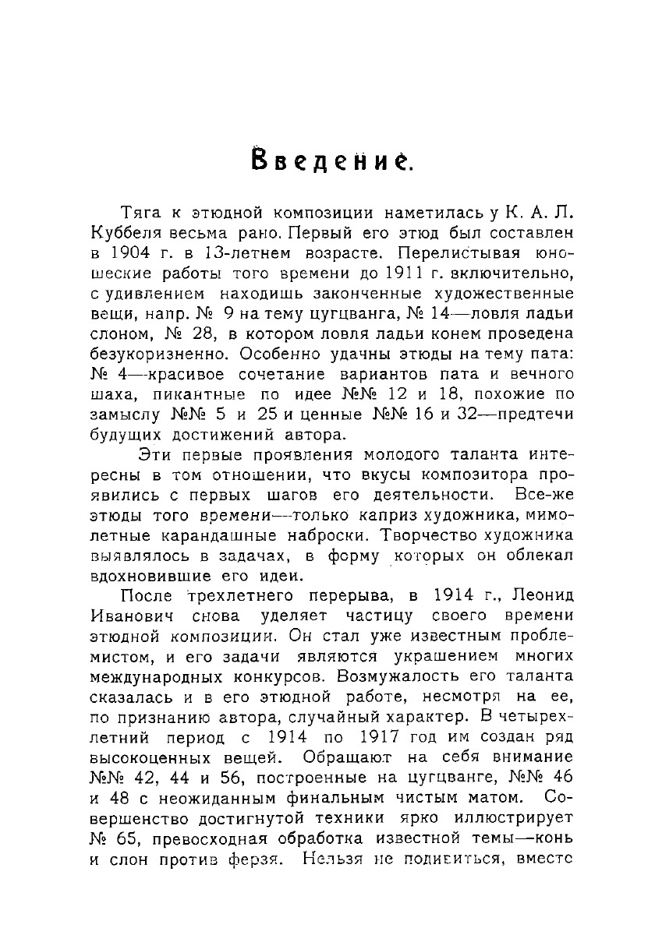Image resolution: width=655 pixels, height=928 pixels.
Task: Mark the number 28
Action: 200,335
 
